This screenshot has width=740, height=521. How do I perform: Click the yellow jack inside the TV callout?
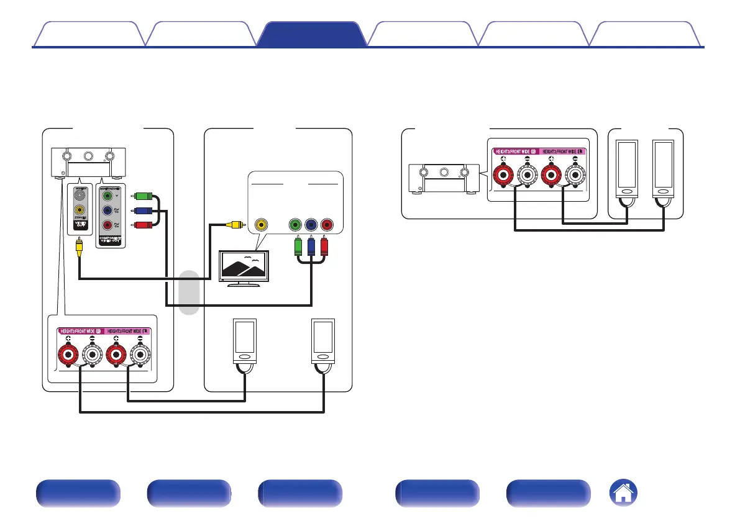click(262, 224)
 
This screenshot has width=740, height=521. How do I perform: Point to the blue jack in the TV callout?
click(310, 224)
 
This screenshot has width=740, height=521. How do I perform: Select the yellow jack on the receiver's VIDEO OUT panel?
click(79, 211)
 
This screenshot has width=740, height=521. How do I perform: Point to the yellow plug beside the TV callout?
click(231, 224)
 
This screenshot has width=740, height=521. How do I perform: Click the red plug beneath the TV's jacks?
click(324, 248)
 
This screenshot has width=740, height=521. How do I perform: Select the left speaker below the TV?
click(244, 341)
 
